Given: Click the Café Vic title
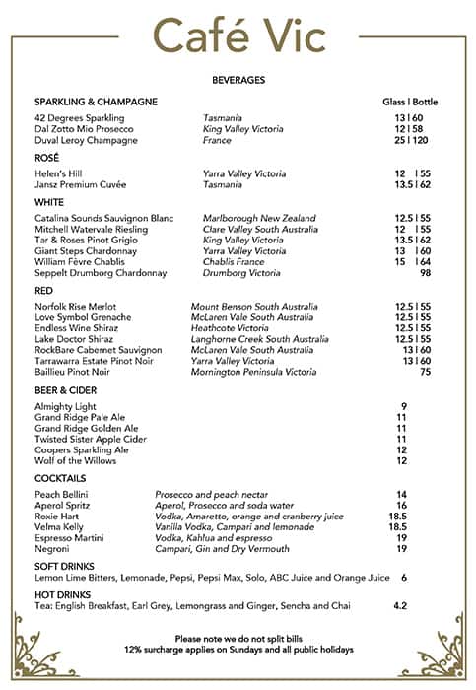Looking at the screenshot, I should [238, 36].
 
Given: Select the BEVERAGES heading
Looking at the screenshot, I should [238, 80].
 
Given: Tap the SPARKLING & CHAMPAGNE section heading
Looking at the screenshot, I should [96, 103].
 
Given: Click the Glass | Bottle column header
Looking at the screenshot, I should [410, 103].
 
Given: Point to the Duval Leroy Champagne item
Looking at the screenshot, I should [86, 141].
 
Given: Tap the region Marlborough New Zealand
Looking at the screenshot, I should [259, 218].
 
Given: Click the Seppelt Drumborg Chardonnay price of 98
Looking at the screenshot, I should [426, 273].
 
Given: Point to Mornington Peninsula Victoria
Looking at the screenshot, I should [254, 372].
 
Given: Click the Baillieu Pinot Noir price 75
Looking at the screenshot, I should [426, 372].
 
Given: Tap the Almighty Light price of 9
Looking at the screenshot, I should [403, 406].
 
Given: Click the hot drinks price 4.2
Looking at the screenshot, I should [400, 605].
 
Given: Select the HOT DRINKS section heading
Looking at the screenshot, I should [64, 594].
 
